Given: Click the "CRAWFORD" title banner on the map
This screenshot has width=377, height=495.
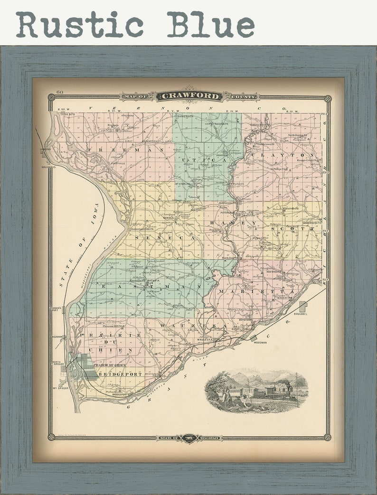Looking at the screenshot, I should pyautogui.click(x=189, y=96).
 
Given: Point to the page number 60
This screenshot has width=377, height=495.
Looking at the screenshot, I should pyautogui.click(x=59, y=92).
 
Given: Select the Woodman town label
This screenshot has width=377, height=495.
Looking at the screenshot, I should pyautogui.click(x=260, y=342).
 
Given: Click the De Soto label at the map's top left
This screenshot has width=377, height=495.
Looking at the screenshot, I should pyautogui.click(x=70, y=114).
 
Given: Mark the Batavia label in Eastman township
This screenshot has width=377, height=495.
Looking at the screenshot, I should pyautogui.click(x=154, y=281).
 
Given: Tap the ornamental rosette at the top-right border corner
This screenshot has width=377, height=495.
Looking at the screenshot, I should pyautogui.click(x=327, y=98).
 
